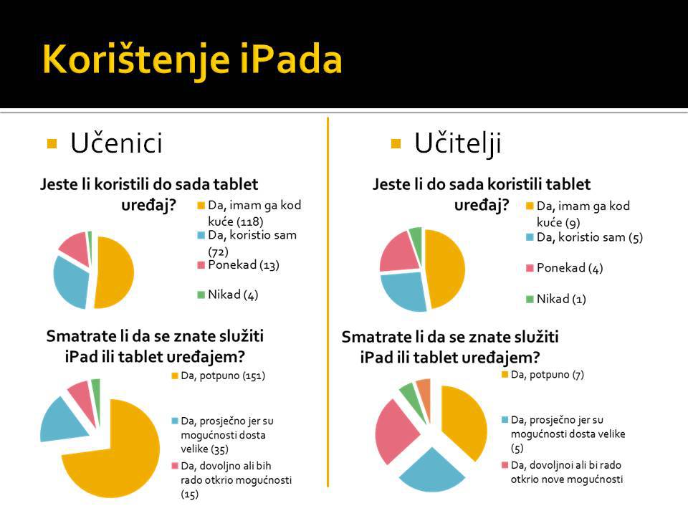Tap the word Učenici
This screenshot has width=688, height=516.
coord(116,144)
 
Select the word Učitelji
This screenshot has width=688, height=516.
coord(457,144)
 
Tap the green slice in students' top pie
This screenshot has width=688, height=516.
coord(89,236)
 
